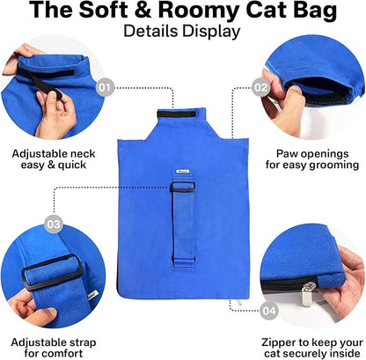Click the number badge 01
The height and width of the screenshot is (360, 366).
[106, 87]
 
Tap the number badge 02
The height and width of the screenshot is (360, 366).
[260, 87]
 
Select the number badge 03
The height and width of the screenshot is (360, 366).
[53, 225]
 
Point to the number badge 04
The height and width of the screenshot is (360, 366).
[269, 309]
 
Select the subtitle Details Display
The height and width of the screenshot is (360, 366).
[182, 32]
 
